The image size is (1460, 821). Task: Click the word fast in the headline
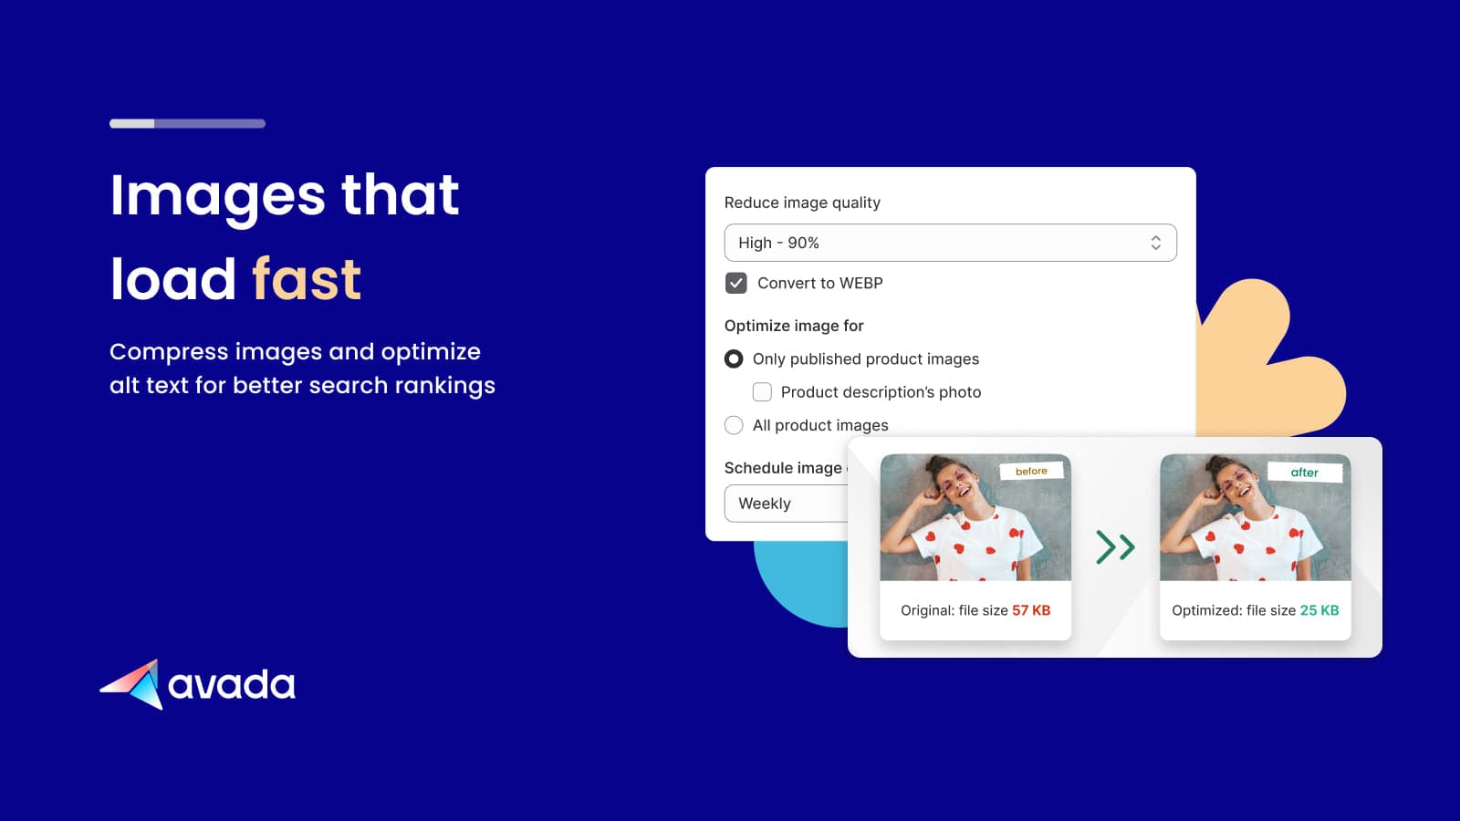click(x=307, y=279)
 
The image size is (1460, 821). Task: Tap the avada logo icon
click(x=133, y=684)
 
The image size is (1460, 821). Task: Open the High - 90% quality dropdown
click(x=950, y=243)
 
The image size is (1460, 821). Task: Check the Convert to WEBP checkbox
click(x=735, y=283)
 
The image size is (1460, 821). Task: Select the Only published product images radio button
click(x=734, y=359)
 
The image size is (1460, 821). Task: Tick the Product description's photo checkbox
click(x=762, y=391)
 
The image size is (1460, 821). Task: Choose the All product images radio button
click(x=734, y=425)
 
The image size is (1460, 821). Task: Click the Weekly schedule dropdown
click(x=786, y=503)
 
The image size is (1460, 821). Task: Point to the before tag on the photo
click(x=1031, y=471)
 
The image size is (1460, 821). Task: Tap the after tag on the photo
click(x=1304, y=473)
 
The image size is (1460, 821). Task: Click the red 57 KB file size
click(x=1031, y=610)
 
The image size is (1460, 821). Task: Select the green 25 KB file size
click(x=1319, y=610)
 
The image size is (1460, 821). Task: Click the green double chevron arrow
click(x=1115, y=546)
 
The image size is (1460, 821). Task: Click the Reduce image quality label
click(x=802, y=203)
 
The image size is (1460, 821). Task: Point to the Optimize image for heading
click(x=794, y=326)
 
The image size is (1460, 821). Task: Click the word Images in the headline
click(x=217, y=195)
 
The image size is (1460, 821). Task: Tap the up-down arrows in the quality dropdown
click(x=1155, y=243)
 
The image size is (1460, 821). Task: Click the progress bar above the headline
click(x=187, y=124)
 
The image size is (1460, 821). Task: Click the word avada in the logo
click(x=232, y=684)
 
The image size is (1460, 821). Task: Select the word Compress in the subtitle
click(x=169, y=352)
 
